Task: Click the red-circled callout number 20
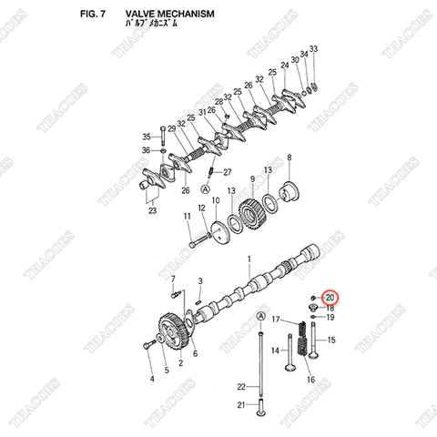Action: click(x=330, y=298)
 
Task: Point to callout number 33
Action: click(x=313, y=47)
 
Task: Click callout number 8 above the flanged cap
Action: click(x=290, y=158)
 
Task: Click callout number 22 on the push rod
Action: click(x=241, y=387)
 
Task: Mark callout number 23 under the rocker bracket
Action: click(x=152, y=211)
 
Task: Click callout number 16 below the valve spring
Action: click(x=310, y=380)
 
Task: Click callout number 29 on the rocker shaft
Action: click(x=171, y=130)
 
